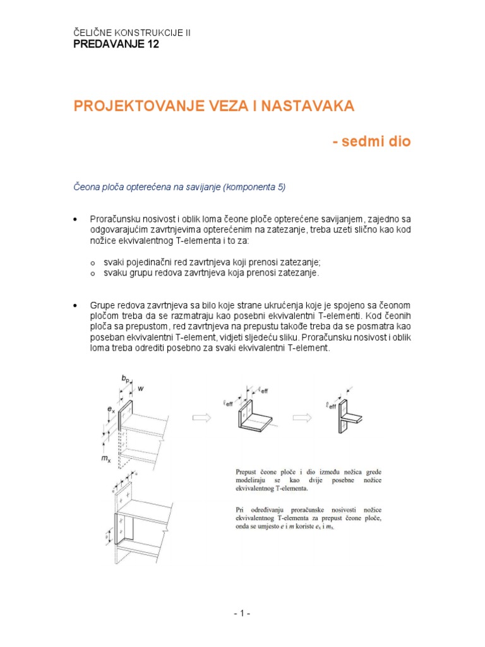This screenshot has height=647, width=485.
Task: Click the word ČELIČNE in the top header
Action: click(x=92, y=32)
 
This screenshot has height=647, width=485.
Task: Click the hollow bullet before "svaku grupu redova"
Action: click(x=93, y=274)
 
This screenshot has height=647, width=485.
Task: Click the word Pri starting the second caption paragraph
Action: click(x=240, y=509)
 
